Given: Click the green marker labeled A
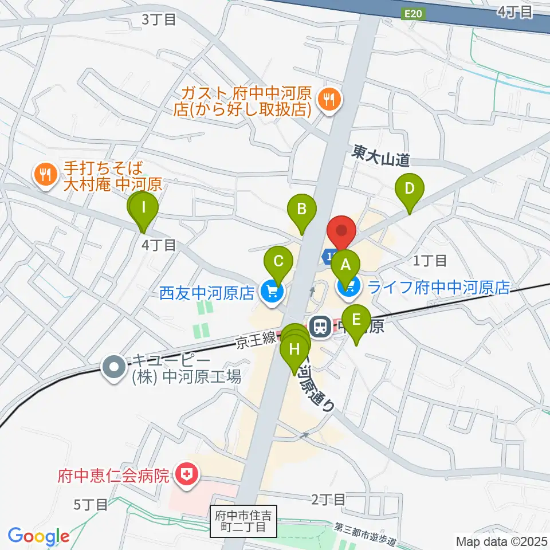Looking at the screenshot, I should pos(345,266).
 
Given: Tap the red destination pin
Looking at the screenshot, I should pos(341,231).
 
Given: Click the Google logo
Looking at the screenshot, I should pos(38,536).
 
